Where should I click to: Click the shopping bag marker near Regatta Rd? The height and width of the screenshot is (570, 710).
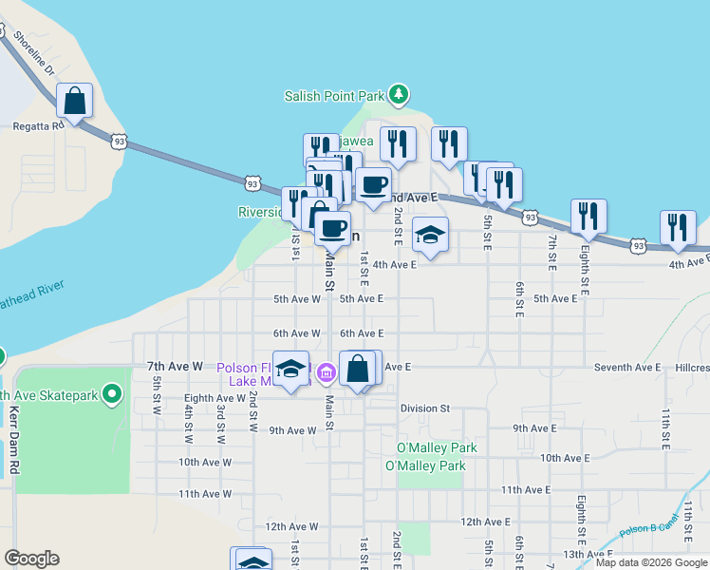[74, 100]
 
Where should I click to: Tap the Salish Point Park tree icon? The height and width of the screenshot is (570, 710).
[400, 94]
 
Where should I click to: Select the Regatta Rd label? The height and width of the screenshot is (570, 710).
[37, 124]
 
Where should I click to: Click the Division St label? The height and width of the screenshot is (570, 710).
[424, 408]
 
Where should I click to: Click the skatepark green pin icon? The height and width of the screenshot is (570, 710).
[112, 393]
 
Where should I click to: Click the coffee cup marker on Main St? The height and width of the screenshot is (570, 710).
[332, 228]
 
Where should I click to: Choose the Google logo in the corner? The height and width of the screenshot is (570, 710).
[31, 559]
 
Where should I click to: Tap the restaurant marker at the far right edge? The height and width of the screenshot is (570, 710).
[678, 227]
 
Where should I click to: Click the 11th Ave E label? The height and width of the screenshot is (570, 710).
[526, 489]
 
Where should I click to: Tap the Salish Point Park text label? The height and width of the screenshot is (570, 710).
[334, 95]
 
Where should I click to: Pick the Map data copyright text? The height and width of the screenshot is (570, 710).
[650, 562]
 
